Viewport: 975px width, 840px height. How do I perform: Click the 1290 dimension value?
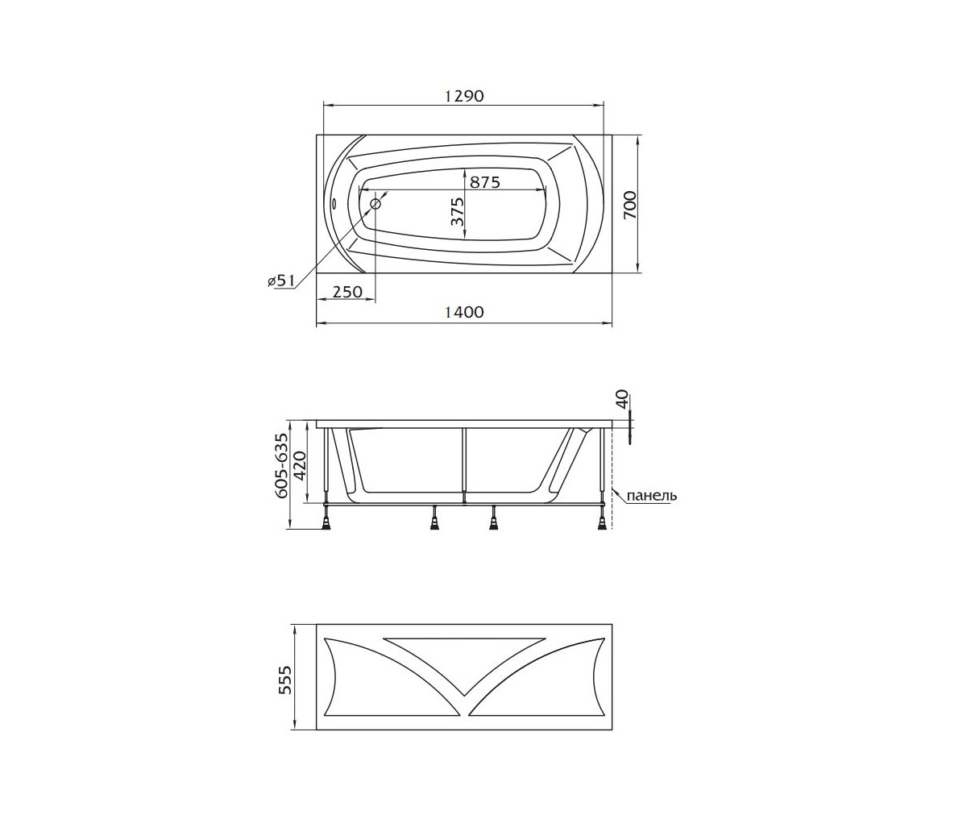click(464, 96)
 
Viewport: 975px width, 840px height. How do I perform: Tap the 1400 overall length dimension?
click(464, 313)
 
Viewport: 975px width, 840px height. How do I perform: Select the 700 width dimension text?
click(630, 205)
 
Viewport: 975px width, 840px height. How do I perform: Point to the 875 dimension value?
click(484, 182)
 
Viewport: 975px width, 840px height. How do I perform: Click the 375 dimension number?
click(457, 212)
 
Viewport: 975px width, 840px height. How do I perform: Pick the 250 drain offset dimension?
click(347, 292)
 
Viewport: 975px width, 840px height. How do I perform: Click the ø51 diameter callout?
click(280, 281)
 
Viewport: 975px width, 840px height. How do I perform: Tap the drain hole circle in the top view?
click(376, 204)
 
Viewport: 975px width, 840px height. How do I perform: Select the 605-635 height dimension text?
click(281, 465)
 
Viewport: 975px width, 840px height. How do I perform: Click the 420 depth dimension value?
click(301, 466)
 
